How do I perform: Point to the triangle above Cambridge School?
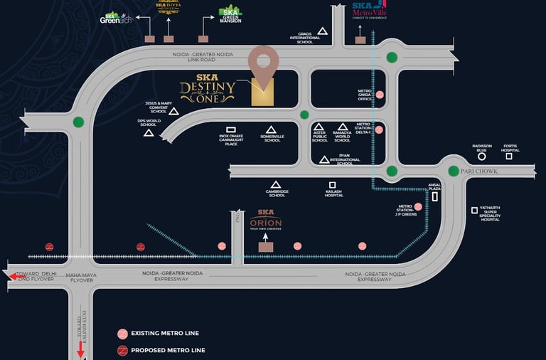tap(276, 184)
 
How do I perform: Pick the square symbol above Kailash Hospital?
tap(332, 185)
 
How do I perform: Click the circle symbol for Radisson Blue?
tap(481, 156)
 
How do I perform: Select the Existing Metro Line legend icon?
tap(122, 333)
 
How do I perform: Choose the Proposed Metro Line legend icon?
tap(122, 349)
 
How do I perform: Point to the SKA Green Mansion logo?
tap(230, 14)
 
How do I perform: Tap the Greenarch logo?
tap(116, 17)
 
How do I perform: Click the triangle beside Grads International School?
tap(322, 31)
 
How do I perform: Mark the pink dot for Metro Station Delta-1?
tap(380, 129)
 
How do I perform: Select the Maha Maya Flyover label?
tap(80, 277)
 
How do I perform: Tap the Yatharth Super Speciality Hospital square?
tap(474, 210)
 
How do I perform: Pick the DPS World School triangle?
tap(149, 132)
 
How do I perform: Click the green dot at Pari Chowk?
tap(454, 171)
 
